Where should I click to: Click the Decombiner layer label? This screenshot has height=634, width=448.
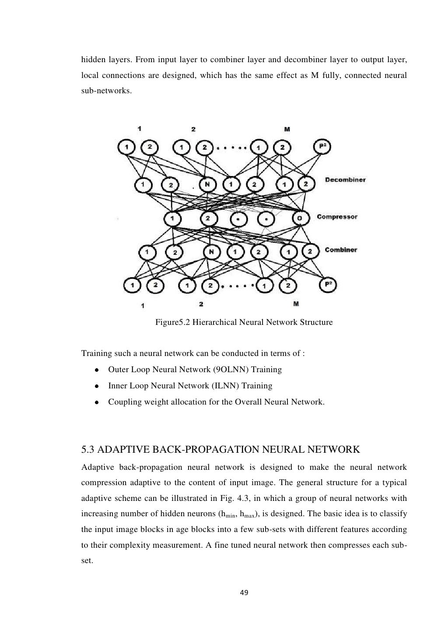(345, 180)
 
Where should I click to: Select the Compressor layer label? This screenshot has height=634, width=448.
(337, 217)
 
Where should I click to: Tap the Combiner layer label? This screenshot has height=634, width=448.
(341, 250)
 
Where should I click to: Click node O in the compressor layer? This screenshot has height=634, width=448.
(300, 218)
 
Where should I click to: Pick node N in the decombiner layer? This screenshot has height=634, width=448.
(207, 184)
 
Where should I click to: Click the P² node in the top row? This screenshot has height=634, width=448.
(323, 147)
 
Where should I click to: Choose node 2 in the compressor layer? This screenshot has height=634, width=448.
(208, 218)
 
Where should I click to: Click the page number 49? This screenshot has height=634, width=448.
(244, 593)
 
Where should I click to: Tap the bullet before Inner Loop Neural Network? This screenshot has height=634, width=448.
(96, 386)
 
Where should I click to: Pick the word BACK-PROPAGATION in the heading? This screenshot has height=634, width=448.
(183, 450)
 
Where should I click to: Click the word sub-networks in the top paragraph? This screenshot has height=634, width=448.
(106, 92)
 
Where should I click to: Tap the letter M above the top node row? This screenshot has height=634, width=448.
(287, 130)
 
